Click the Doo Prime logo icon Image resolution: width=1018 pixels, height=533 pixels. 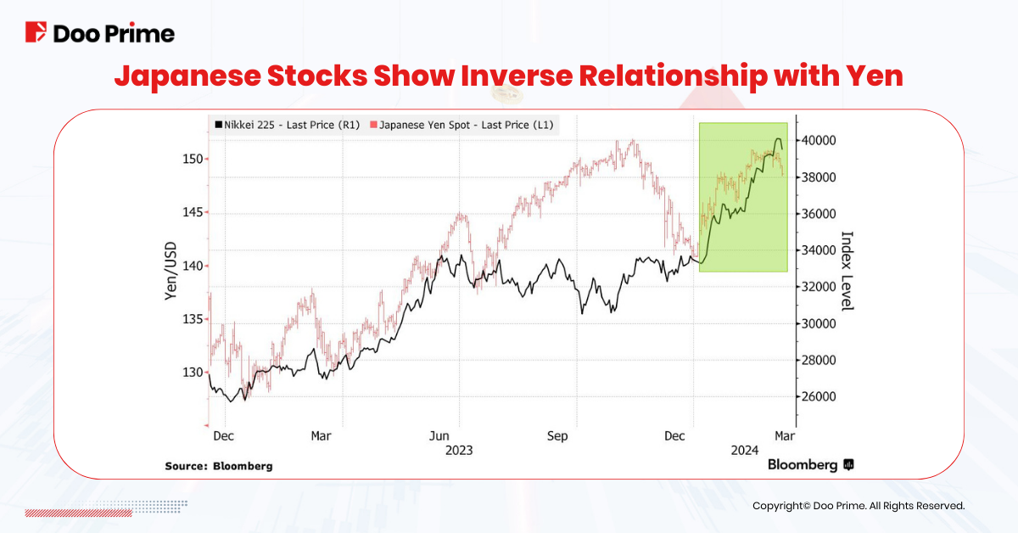tap(36, 33)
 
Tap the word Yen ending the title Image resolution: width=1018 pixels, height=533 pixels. tap(873, 76)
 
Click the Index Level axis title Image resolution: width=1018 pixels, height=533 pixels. tap(846, 270)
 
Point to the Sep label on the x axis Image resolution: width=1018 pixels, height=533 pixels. tap(557, 436)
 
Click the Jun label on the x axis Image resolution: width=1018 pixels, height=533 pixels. tap(439, 436)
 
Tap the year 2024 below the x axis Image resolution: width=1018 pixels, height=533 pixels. tap(745, 451)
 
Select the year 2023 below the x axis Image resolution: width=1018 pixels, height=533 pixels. tap(459, 451)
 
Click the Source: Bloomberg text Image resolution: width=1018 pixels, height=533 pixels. tap(219, 466)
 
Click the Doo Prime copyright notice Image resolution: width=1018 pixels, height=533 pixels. tap(859, 505)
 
